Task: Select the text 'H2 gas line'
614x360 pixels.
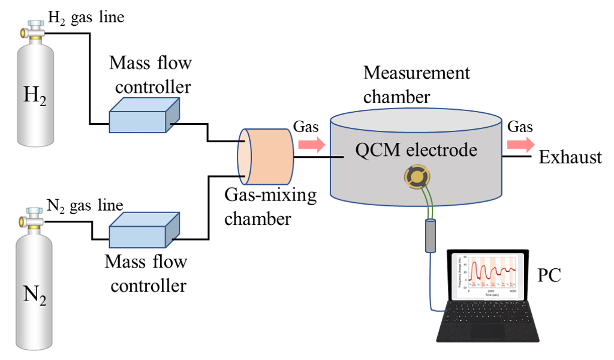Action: tap(86, 17)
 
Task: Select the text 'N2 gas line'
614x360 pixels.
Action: tap(85, 206)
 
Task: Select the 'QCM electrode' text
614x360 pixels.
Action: tap(416, 149)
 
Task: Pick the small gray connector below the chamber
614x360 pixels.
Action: tap(430, 236)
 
